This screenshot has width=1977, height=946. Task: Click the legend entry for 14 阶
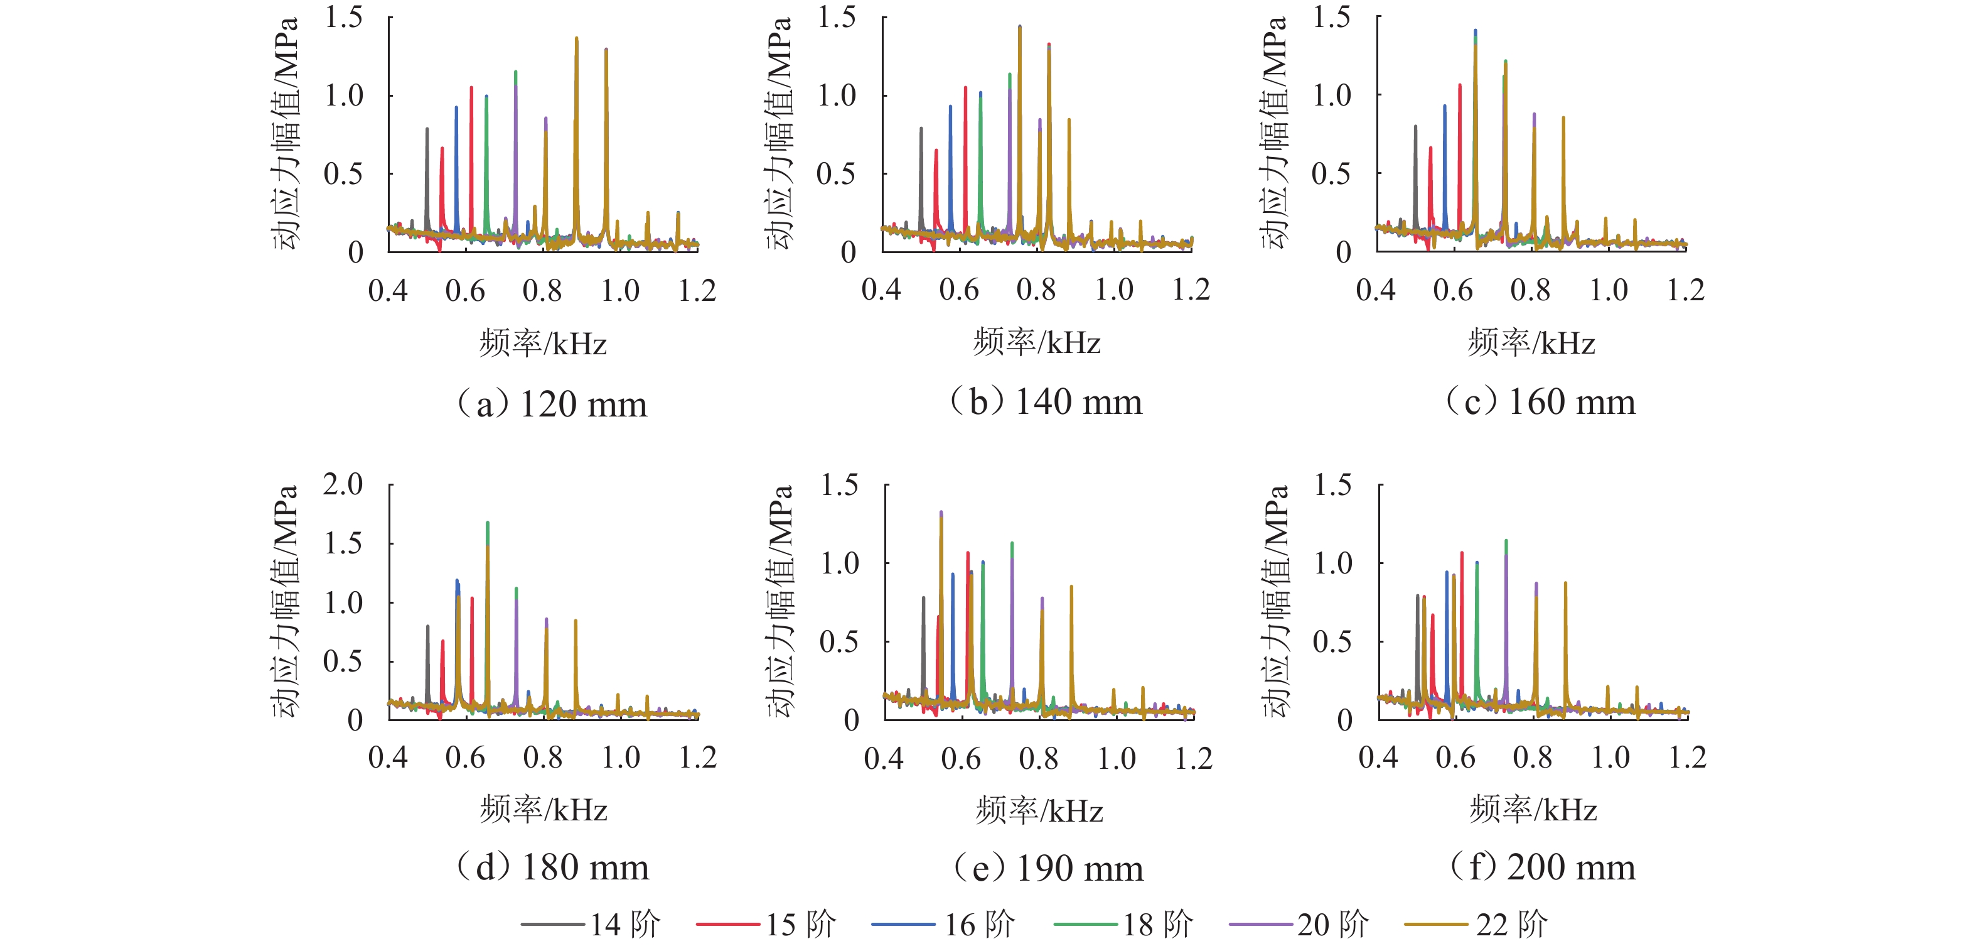click(591, 925)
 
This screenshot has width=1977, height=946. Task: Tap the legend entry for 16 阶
click(944, 925)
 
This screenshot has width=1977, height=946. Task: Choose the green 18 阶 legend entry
click(1123, 925)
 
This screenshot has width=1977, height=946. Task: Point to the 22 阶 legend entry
click(1477, 925)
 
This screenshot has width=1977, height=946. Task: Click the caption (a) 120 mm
click(552, 404)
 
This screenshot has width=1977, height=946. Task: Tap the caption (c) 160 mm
click(1540, 401)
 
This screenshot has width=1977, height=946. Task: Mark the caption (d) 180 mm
click(552, 867)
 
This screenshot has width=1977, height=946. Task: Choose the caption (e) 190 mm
click(1048, 869)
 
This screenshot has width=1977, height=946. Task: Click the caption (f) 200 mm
click(1542, 867)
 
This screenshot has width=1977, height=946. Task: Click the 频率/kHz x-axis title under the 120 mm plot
click(544, 343)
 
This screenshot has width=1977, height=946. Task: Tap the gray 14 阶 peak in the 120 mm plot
click(427, 131)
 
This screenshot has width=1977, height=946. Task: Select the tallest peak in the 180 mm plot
click(487, 524)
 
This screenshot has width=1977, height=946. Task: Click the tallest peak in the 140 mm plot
click(1019, 28)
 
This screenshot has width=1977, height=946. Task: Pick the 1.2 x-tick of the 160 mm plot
click(1685, 290)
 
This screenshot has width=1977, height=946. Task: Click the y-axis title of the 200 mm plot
click(1275, 601)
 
